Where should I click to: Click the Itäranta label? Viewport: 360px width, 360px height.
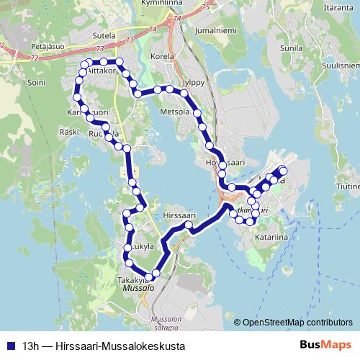338,6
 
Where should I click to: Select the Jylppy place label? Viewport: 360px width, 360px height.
194,82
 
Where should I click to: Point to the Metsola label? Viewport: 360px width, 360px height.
175,112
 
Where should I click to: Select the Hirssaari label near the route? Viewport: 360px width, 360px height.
179,215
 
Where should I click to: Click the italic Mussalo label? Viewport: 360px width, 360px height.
139,287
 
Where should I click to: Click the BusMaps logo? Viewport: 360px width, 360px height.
325,346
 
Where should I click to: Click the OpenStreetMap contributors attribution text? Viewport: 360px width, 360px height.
297,323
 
